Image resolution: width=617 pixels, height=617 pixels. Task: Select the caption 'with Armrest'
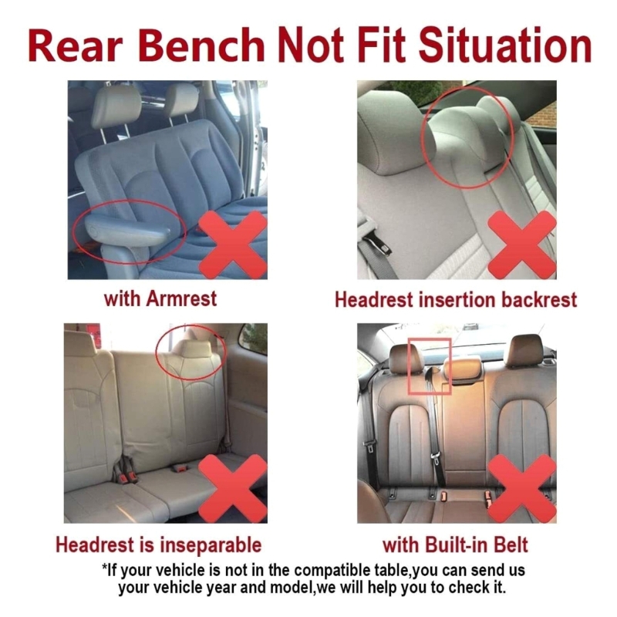[160, 298]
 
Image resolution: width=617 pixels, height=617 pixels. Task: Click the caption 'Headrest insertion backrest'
[456, 300]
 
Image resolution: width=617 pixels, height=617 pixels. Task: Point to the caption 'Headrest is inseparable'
[159, 545]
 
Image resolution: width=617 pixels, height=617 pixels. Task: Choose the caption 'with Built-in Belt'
[455, 545]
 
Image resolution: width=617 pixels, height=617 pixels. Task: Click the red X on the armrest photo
[233, 244]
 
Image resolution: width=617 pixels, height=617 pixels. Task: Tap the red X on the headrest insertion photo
[522, 244]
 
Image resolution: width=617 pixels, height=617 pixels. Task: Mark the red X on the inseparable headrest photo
[233, 488]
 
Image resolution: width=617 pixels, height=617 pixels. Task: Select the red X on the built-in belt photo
[522, 488]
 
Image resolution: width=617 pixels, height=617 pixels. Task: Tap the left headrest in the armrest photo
[115, 106]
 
